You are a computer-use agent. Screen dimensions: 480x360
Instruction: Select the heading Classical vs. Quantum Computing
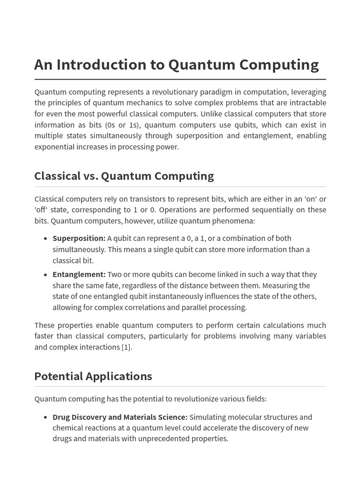(124, 176)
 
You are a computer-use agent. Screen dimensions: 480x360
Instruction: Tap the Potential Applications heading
(93, 376)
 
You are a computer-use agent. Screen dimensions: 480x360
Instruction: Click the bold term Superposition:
(79, 238)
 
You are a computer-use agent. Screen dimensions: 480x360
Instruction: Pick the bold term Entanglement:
(79, 274)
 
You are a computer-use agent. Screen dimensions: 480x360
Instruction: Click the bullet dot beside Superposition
(45, 239)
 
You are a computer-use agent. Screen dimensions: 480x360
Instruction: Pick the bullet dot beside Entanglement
(45, 275)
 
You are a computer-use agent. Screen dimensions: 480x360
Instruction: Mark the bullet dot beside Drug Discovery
(45, 418)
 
